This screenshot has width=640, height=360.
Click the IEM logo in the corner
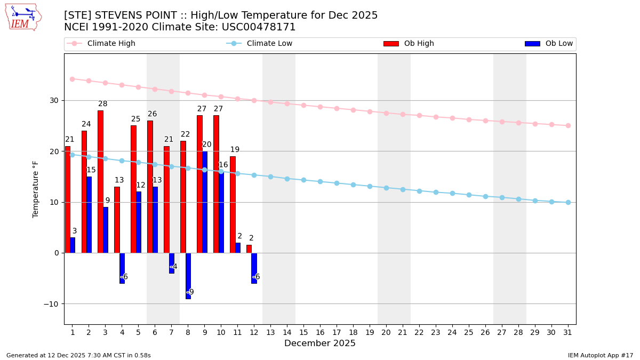click(x=23, y=17)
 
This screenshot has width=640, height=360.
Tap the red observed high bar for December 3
click(x=100, y=181)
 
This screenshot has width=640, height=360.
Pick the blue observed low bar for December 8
click(x=188, y=276)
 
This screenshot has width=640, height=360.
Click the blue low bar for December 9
click(x=205, y=202)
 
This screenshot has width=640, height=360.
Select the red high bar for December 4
click(x=117, y=220)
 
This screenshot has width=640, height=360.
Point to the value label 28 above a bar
click(x=103, y=104)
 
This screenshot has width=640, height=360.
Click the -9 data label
click(x=190, y=292)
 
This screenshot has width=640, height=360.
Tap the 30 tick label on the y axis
click(x=54, y=100)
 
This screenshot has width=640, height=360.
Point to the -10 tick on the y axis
click(x=51, y=304)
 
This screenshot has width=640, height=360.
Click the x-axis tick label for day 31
click(x=568, y=332)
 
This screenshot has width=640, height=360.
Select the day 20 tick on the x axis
click(x=386, y=332)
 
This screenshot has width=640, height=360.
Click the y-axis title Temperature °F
click(x=36, y=189)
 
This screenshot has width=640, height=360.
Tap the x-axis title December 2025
click(x=320, y=343)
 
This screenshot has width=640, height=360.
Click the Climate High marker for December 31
click(x=568, y=125)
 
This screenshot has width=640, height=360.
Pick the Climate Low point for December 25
click(x=469, y=195)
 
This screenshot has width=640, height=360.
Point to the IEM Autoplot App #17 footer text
click(x=600, y=355)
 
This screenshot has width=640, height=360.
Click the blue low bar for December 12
click(x=254, y=268)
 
